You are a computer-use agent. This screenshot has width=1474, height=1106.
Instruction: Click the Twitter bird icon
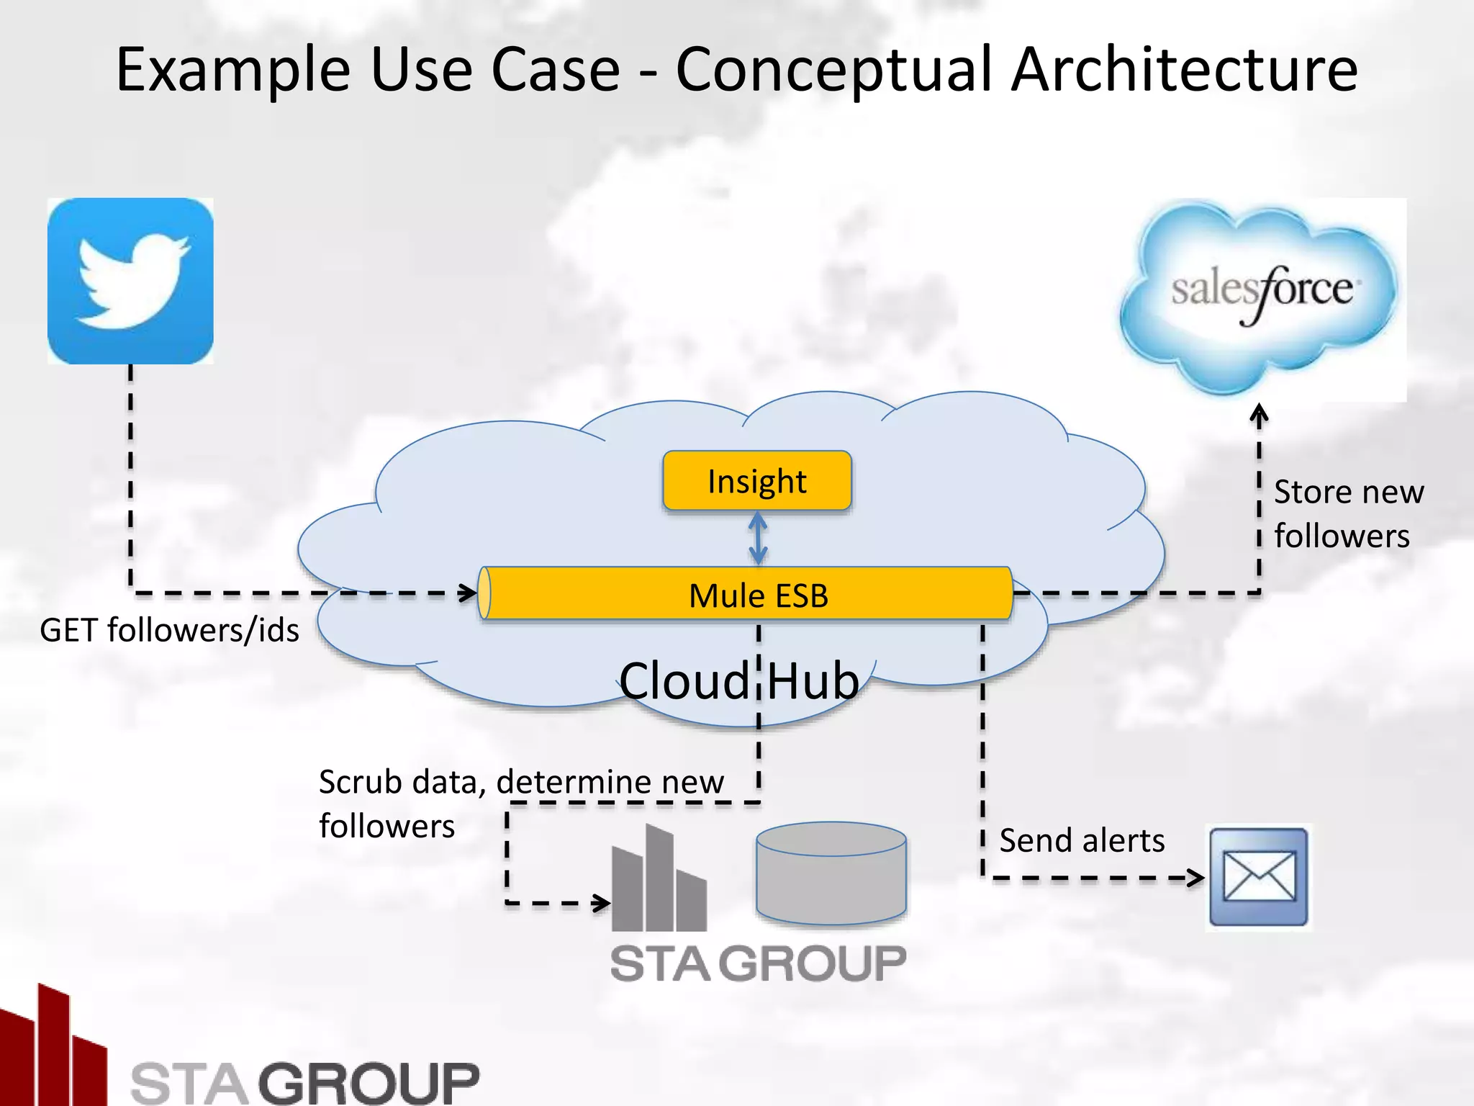[x=130, y=281]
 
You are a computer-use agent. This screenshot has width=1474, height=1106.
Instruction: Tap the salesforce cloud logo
[x=1261, y=295]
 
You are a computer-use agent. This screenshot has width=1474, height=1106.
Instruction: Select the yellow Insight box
[x=756, y=480]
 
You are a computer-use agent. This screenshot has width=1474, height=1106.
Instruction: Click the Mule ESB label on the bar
[x=758, y=595]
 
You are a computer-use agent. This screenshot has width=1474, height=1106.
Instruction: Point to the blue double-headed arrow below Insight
[x=758, y=539]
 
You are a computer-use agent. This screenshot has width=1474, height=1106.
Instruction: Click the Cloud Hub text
[x=739, y=680]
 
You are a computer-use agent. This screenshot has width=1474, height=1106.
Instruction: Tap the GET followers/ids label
[x=169, y=630]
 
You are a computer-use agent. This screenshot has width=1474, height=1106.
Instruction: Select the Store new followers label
[x=1347, y=513]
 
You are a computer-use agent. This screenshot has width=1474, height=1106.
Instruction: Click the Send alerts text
[x=1081, y=840]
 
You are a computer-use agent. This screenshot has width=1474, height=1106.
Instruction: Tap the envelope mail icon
[x=1259, y=876]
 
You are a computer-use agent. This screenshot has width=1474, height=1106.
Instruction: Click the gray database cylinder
[x=831, y=873]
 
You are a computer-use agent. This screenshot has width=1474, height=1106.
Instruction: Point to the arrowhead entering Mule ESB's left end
[x=469, y=593]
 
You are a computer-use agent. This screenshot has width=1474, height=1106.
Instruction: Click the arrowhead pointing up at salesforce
[x=1259, y=413]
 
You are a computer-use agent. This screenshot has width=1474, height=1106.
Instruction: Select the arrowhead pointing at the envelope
[x=1195, y=878]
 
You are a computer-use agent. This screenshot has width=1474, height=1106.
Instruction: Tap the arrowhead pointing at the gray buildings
[x=602, y=902]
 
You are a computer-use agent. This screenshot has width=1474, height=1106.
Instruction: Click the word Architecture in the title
[x=1184, y=70]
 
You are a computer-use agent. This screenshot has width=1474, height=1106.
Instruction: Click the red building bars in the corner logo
[x=50, y=1044]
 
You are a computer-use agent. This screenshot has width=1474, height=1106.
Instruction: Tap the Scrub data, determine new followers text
[x=520, y=803]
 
